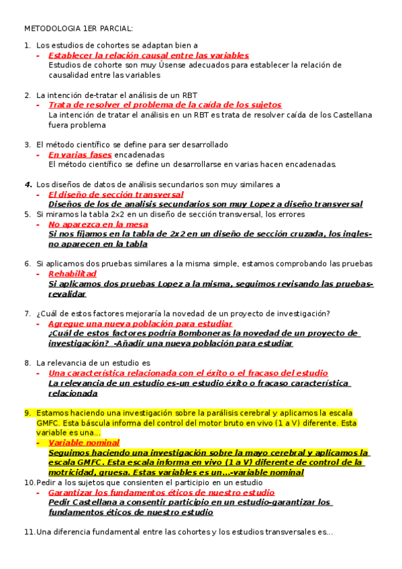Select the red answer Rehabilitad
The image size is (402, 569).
[x=72, y=274]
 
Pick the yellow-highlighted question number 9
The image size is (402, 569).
[x=28, y=413]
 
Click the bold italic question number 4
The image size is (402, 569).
[x=28, y=185]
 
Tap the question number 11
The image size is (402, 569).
[x=29, y=532]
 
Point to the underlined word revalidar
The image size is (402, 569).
[x=67, y=294]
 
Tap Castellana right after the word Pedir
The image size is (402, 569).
[x=99, y=502]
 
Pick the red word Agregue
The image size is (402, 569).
[x=65, y=323]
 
